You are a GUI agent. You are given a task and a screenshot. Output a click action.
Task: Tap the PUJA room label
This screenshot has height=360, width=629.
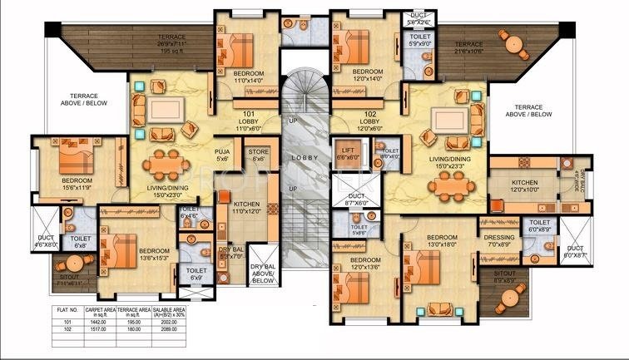[x=222, y=155]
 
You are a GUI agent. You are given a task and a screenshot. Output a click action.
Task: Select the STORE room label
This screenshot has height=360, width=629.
[x=259, y=155]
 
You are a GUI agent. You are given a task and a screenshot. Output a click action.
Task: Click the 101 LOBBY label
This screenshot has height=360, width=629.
[x=249, y=120]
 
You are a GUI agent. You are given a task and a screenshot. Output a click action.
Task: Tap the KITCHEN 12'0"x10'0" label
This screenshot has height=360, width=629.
[x=525, y=186]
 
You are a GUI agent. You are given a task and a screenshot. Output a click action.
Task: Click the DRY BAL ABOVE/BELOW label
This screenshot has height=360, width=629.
[x=262, y=274]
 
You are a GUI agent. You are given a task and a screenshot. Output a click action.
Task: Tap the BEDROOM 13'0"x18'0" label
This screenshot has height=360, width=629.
[x=440, y=241]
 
